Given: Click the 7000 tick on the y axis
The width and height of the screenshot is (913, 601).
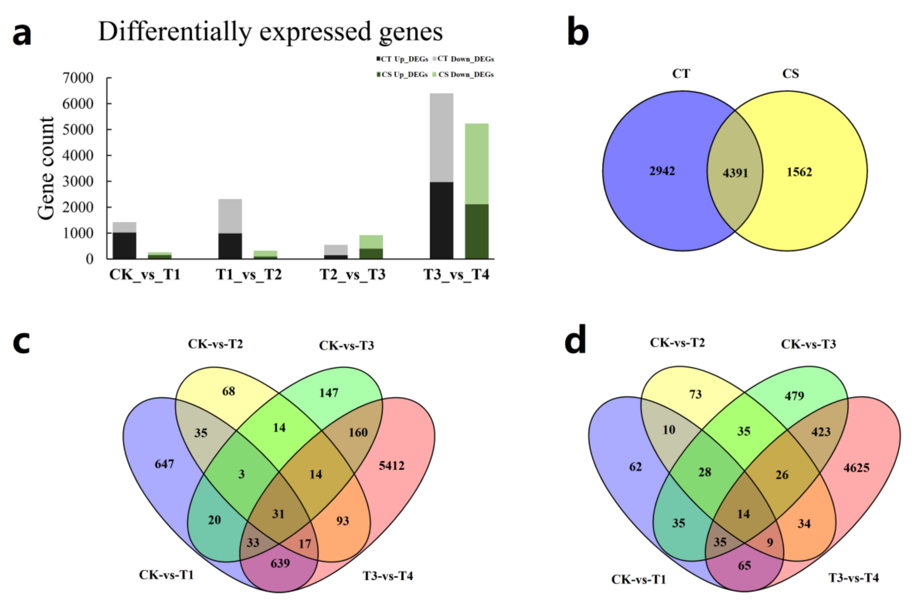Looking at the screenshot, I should (78, 78).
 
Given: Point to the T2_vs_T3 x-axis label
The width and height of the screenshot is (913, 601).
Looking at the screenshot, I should (353, 275).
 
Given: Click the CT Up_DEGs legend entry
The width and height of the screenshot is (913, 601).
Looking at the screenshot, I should (402, 59).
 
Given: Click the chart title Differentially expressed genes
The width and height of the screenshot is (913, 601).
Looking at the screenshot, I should (270, 31).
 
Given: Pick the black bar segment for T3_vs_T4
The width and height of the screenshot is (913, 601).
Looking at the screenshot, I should (441, 220).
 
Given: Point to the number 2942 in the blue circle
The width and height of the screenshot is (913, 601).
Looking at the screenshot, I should (662, 171).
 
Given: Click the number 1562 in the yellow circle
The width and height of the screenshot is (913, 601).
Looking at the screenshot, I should (799, 172).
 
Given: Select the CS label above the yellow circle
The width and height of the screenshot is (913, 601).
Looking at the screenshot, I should (791, 74).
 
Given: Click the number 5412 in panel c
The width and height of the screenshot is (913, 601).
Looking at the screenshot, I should (391, 466).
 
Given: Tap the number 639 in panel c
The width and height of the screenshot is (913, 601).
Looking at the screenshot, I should (280, 563).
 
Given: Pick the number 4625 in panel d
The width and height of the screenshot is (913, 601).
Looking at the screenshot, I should (856, 468).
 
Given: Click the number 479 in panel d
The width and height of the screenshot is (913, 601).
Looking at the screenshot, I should (794, 396).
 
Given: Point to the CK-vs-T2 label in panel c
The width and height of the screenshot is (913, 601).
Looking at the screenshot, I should (215, 344).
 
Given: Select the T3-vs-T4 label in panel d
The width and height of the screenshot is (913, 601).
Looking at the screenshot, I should (854, 577).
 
